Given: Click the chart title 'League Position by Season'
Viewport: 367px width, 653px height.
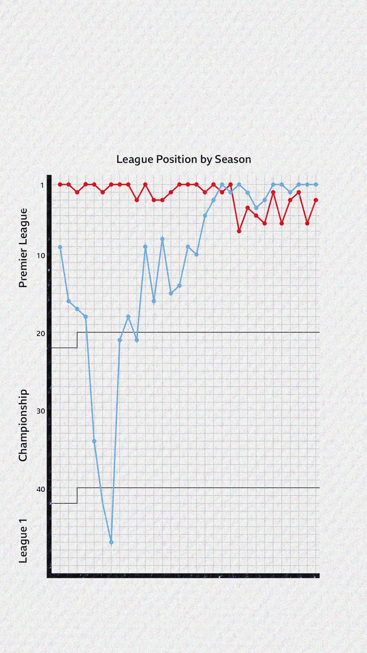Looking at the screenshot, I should (x=183, y=159).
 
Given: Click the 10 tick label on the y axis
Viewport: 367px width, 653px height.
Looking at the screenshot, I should (x=41, y=255).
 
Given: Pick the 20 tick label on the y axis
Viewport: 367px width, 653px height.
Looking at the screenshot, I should (x=41, y=333).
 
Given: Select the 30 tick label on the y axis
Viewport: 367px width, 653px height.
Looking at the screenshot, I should (x=41, y=411).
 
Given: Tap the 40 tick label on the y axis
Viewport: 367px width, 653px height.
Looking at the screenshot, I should (x=41, y=489).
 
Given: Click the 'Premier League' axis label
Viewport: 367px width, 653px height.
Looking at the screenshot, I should (x=23, y=248).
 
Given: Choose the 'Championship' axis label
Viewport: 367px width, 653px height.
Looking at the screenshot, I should (x=23, y=426).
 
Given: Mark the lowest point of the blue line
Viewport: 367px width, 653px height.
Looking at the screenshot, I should (x=111, y=542).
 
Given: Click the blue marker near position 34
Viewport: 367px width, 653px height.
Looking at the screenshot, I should (x=94, y=441).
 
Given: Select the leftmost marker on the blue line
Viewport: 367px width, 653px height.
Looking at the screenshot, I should (x=60, y=247).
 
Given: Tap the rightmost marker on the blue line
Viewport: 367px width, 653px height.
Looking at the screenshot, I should (x=316, y=184).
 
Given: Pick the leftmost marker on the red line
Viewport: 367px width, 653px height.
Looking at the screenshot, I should (x=60, y=184).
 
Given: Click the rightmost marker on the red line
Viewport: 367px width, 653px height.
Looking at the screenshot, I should (x=316, y=200).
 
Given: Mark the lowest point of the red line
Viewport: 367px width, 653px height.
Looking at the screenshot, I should (x=239, y=231).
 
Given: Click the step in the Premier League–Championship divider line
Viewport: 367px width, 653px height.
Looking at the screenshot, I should (x=77, y=340).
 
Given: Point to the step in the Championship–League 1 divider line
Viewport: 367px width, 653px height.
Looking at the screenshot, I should (x=77, y=496).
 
